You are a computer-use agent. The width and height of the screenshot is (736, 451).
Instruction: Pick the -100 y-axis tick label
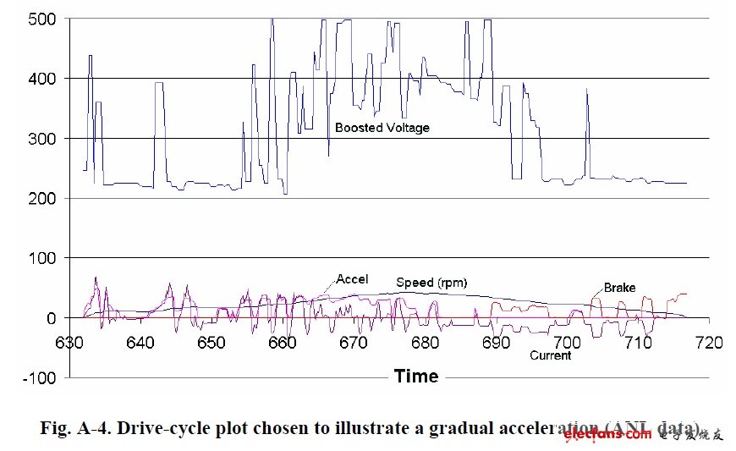point(40,377)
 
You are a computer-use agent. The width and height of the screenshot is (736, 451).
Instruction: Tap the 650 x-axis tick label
point(212,342)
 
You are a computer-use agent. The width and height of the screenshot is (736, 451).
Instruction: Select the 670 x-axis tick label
point(354,342)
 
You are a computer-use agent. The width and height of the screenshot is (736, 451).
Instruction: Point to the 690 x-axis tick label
point(496,342)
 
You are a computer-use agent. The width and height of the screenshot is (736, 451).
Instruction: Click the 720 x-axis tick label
point(708,342)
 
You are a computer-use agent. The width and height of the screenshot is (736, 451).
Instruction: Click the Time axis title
point(416,376)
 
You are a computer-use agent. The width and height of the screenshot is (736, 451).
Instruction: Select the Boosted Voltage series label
point(382,128)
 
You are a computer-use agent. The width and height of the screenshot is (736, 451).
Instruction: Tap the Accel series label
point(352,279)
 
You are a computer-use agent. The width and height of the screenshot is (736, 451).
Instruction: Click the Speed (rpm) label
point(431,283)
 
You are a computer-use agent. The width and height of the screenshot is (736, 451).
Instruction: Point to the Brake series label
point(619,288)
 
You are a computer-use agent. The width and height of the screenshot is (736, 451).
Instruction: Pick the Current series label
point(550,355)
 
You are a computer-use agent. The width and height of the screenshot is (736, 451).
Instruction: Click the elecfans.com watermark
point(607,435)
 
